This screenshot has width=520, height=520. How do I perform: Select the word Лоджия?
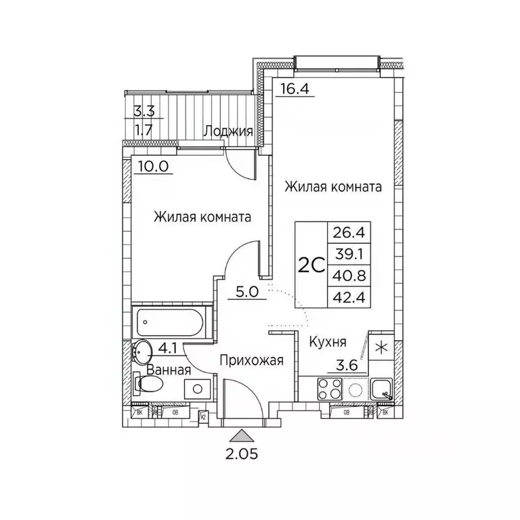coord(229,131)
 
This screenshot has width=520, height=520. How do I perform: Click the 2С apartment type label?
coord(310,265)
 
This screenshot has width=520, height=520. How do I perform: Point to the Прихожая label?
coord(251,361)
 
